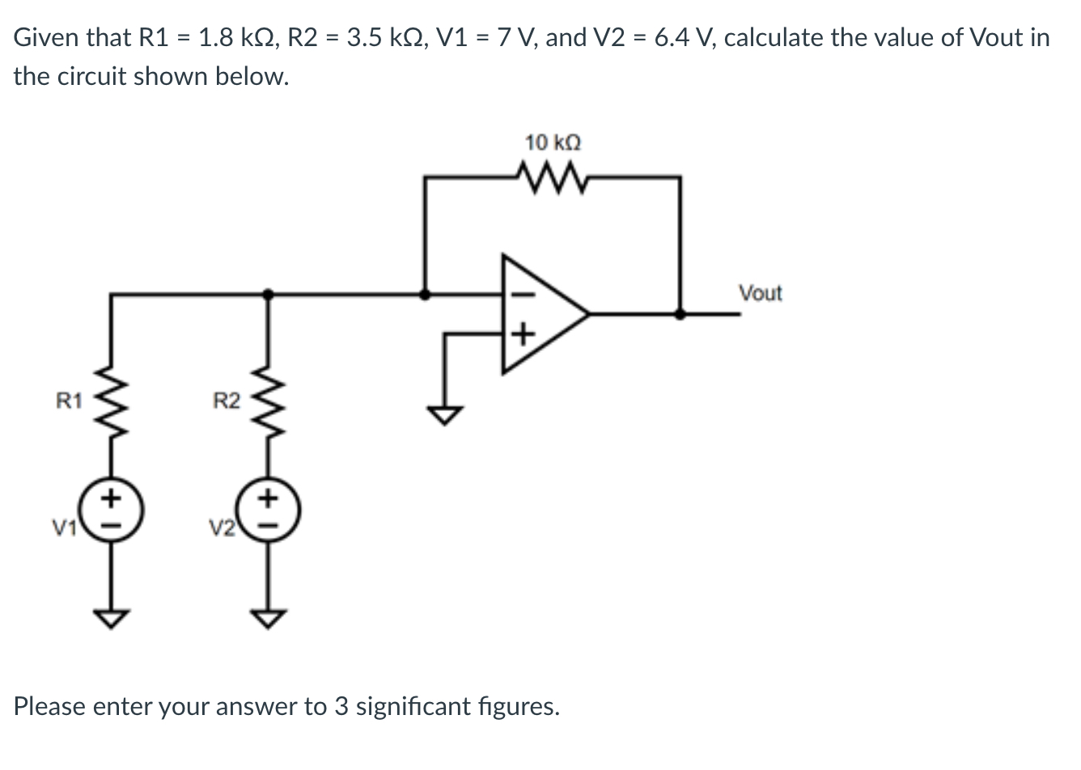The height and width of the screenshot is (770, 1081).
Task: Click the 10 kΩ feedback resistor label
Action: tap(553, 143)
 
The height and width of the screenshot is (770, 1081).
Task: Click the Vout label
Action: tap(760, 293)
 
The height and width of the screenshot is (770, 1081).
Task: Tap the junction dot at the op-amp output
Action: tap(680, 314)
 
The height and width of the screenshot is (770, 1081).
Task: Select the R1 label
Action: tap(68, 400)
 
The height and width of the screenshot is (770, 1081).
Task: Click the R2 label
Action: tap(226, 400)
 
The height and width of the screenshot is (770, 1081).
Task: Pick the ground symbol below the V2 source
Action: tap(269, 618)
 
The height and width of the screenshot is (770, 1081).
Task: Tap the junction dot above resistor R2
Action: tap(268, 294)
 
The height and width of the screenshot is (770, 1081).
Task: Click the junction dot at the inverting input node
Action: tap(425, 294)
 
